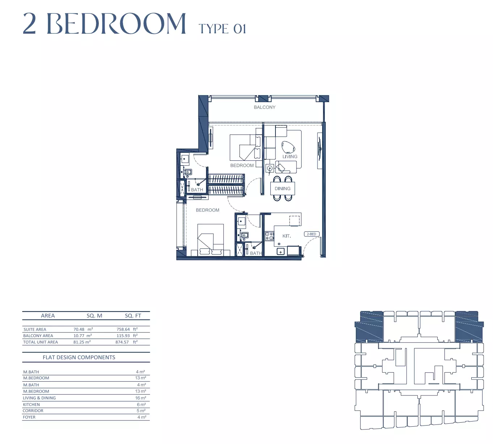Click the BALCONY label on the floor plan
265,107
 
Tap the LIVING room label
290,156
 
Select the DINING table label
282,188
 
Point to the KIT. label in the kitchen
287,236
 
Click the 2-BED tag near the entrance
312,234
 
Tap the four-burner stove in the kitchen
269,236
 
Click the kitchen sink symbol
281,252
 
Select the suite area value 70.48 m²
83,329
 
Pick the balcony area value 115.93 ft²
127,335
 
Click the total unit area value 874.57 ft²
126,342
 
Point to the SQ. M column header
94,315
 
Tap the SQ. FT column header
133,315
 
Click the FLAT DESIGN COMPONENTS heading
79,357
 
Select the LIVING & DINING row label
39,398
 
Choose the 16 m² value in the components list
140,398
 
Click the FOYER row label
29,417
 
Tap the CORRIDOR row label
33,411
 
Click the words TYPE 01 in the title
222,29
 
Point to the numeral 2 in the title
29,24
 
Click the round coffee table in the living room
288,148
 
